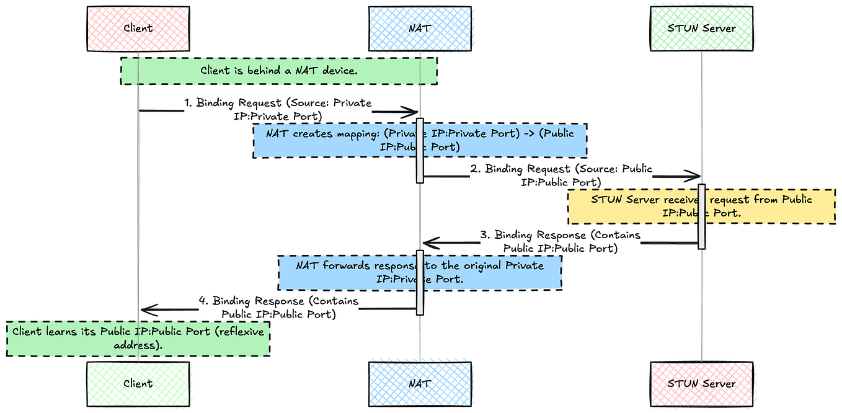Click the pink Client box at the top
click(x=138, y=29)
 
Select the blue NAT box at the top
click(x=420, y=29)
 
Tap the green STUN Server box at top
click(x=701, y=29)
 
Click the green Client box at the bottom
click(x=138, y=383)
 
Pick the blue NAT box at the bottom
click(x=420, y=383)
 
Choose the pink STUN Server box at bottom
click(x=701, y=383)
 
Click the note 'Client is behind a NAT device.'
click(x=278, y=71)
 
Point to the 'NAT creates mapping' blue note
click(x=420, y=140)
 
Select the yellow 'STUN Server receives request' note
click(x=701, y=206)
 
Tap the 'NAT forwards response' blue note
click(x=420, y=273)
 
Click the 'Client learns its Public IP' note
click(x=138, y=339)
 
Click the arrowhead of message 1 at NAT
click(x=412, y=112)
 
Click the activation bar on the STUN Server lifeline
click(x=702, y=216)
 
